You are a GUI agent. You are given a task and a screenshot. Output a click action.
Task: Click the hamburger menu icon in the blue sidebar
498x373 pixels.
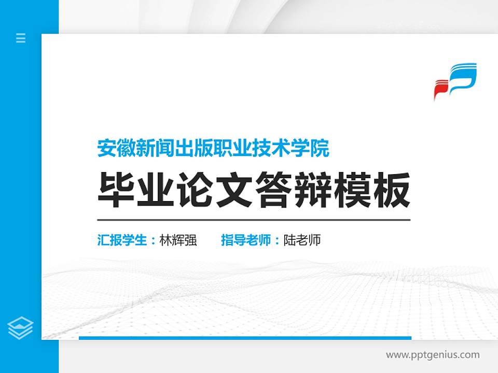(x=21, y=38)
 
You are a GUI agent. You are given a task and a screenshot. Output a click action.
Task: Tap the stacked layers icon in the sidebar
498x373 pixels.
(x=21, y=327)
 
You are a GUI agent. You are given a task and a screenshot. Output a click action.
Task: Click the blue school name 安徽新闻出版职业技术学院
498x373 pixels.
(x=213, y=149)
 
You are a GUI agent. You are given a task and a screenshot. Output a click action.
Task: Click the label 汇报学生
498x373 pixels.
(x=122, y=240)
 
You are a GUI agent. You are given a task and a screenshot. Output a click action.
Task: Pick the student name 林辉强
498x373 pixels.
(x=178, y=240)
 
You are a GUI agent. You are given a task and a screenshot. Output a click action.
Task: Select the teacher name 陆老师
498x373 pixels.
(x=302, y=240)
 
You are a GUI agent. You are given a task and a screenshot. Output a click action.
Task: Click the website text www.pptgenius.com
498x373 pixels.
(x=433, y=355)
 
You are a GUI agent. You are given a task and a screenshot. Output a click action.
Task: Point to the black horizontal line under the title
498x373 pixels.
(x=254, y=220)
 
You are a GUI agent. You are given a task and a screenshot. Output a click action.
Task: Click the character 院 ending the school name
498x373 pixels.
(x=321, y=149)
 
